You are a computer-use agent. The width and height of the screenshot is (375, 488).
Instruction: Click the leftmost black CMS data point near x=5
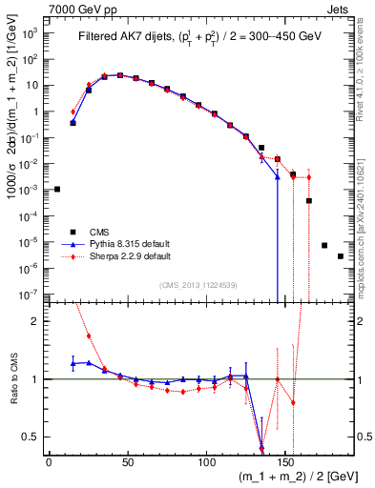tap(57, 189)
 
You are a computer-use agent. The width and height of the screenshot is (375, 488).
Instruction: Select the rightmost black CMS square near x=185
tap(341, 256)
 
